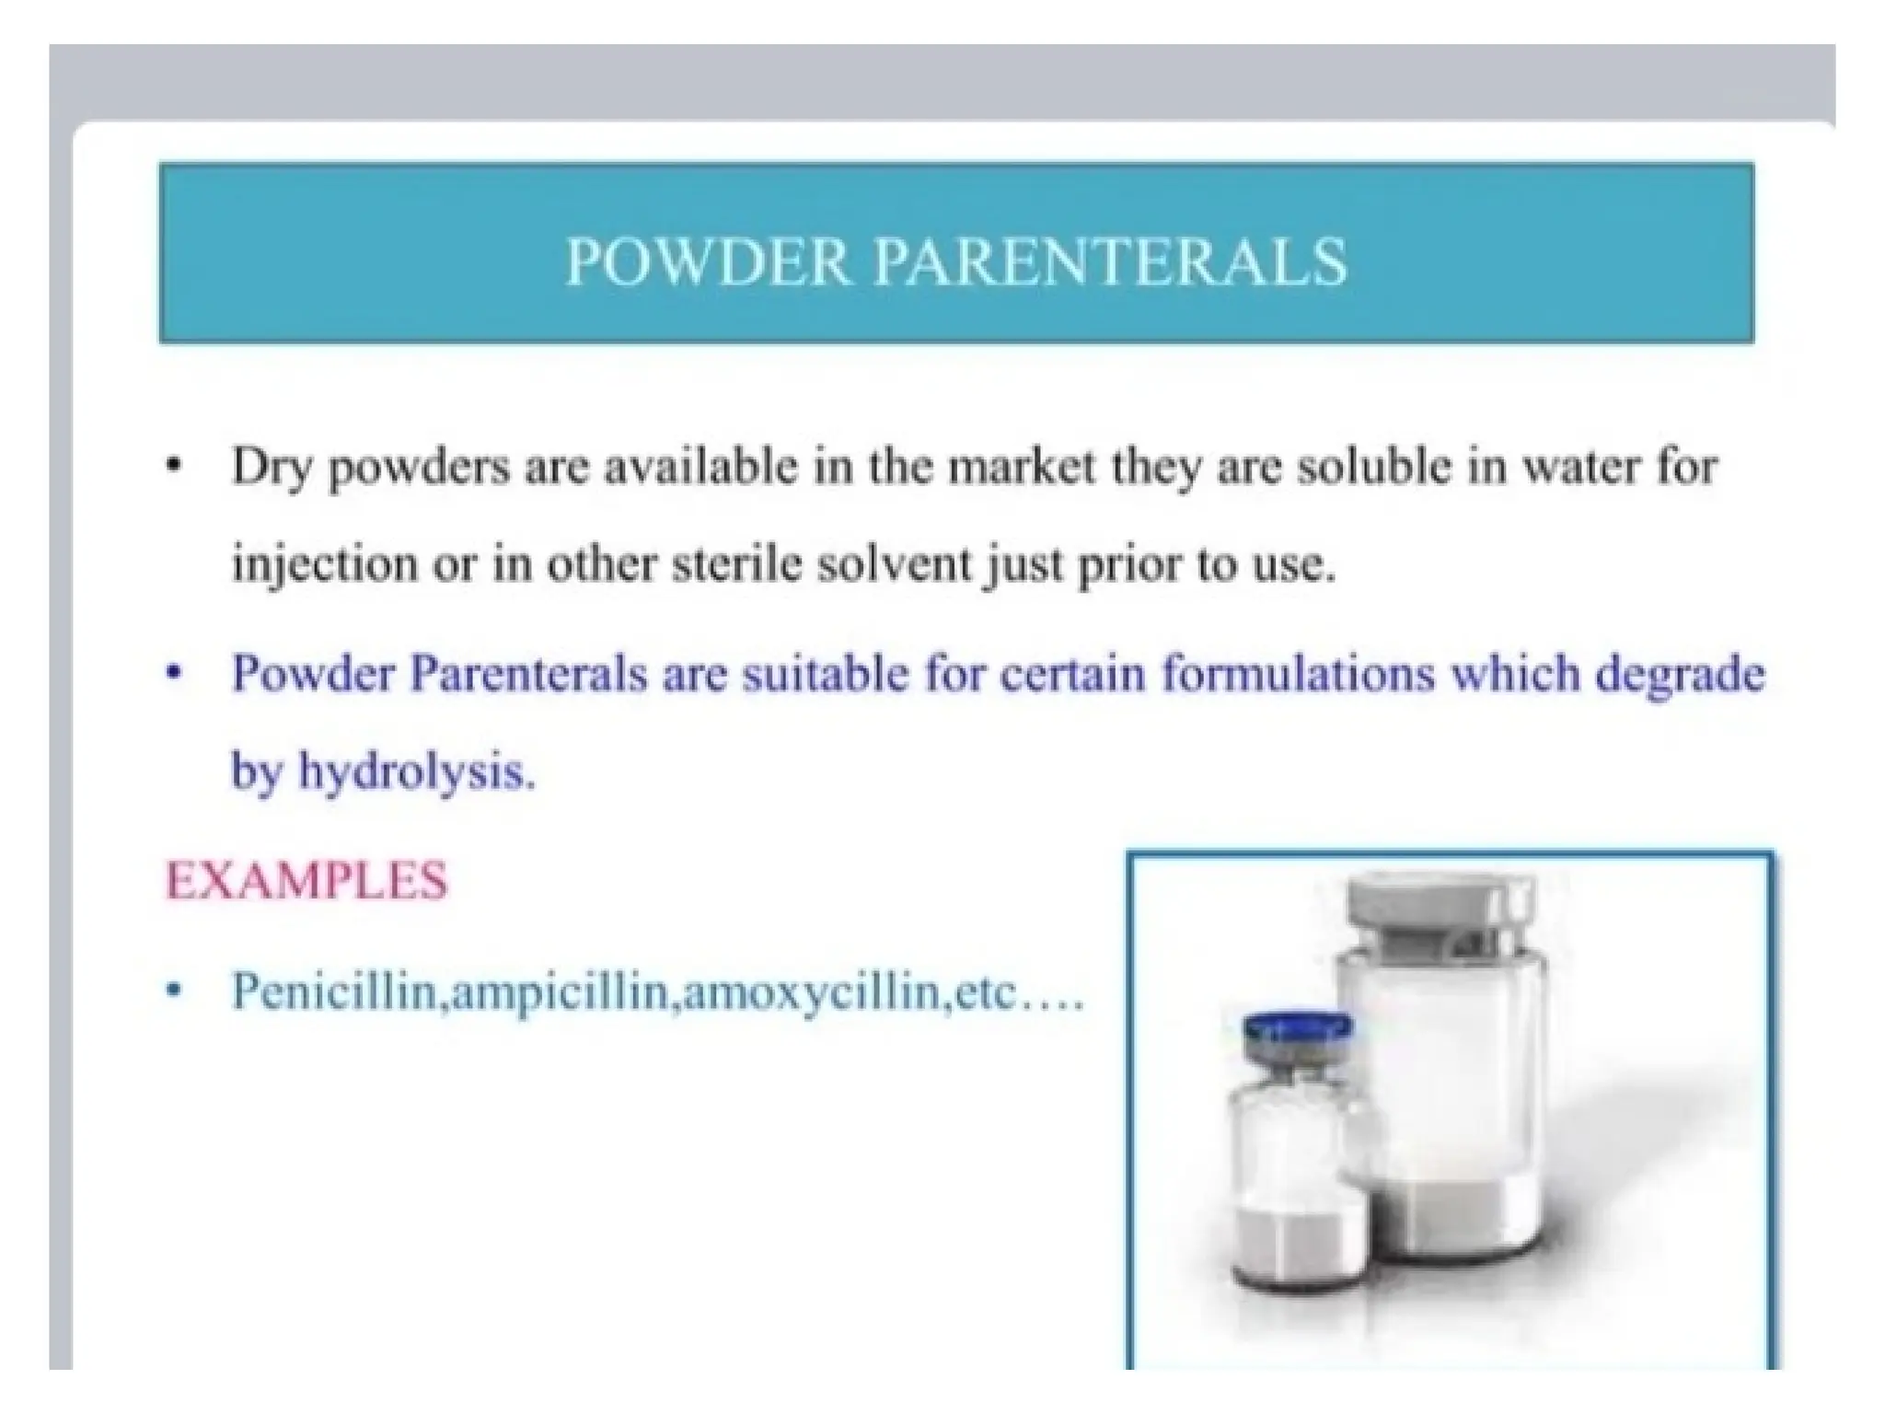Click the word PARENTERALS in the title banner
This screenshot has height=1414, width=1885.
pyautogui.click(x=1110, y=262)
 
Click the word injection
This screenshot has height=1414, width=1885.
pyautogui.click(x=323, y=564)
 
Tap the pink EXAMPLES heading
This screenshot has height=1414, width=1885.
pyautogui.click(x=306, y=880)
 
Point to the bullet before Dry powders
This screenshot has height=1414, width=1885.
pyautogui.click(x=171, y=467)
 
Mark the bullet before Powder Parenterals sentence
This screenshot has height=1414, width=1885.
pyautogui.click(x=171, y=674)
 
